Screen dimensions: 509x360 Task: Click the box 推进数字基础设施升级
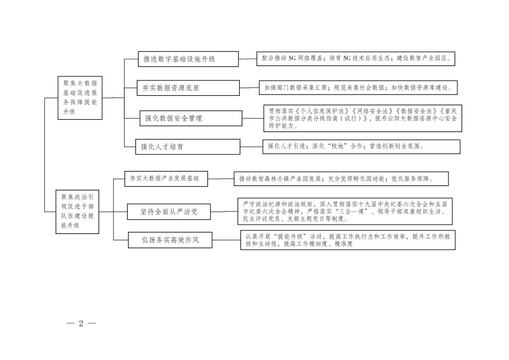(188, 59)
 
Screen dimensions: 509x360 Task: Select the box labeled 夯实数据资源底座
(188, 88)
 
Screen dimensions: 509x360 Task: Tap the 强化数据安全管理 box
(191, 118)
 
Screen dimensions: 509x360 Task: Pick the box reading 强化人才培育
(188, 147)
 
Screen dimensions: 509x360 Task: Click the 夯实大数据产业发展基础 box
(166, 179)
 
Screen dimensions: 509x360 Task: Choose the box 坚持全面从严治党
(169, 212)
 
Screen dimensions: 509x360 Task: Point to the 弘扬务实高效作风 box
(170, 240)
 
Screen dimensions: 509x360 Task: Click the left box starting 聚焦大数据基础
(80, 98)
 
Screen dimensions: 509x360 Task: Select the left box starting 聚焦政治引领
(77, 212)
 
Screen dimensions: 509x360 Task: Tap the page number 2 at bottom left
(81, 323)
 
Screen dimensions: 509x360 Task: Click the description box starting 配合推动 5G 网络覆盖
(356, 59)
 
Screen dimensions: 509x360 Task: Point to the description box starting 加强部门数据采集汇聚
(358, 87)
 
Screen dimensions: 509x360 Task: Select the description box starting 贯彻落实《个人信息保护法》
(363, 118)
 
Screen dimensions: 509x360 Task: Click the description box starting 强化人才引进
(362, 147)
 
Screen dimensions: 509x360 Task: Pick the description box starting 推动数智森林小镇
(341, 179)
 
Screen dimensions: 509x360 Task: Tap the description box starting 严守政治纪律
(345, 211)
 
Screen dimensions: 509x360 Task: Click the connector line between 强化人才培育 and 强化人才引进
(251, 147)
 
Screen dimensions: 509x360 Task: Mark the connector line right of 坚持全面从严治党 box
(224, 212)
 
